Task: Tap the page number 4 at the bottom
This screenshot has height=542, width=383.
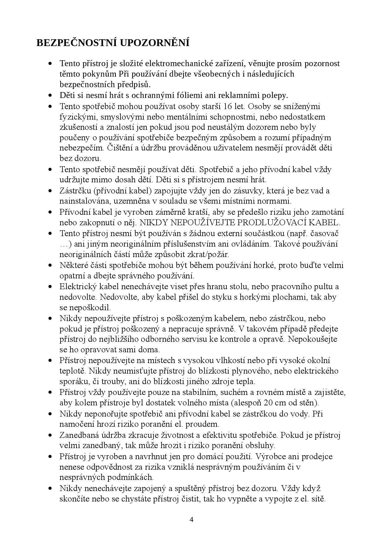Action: click(192, 519)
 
